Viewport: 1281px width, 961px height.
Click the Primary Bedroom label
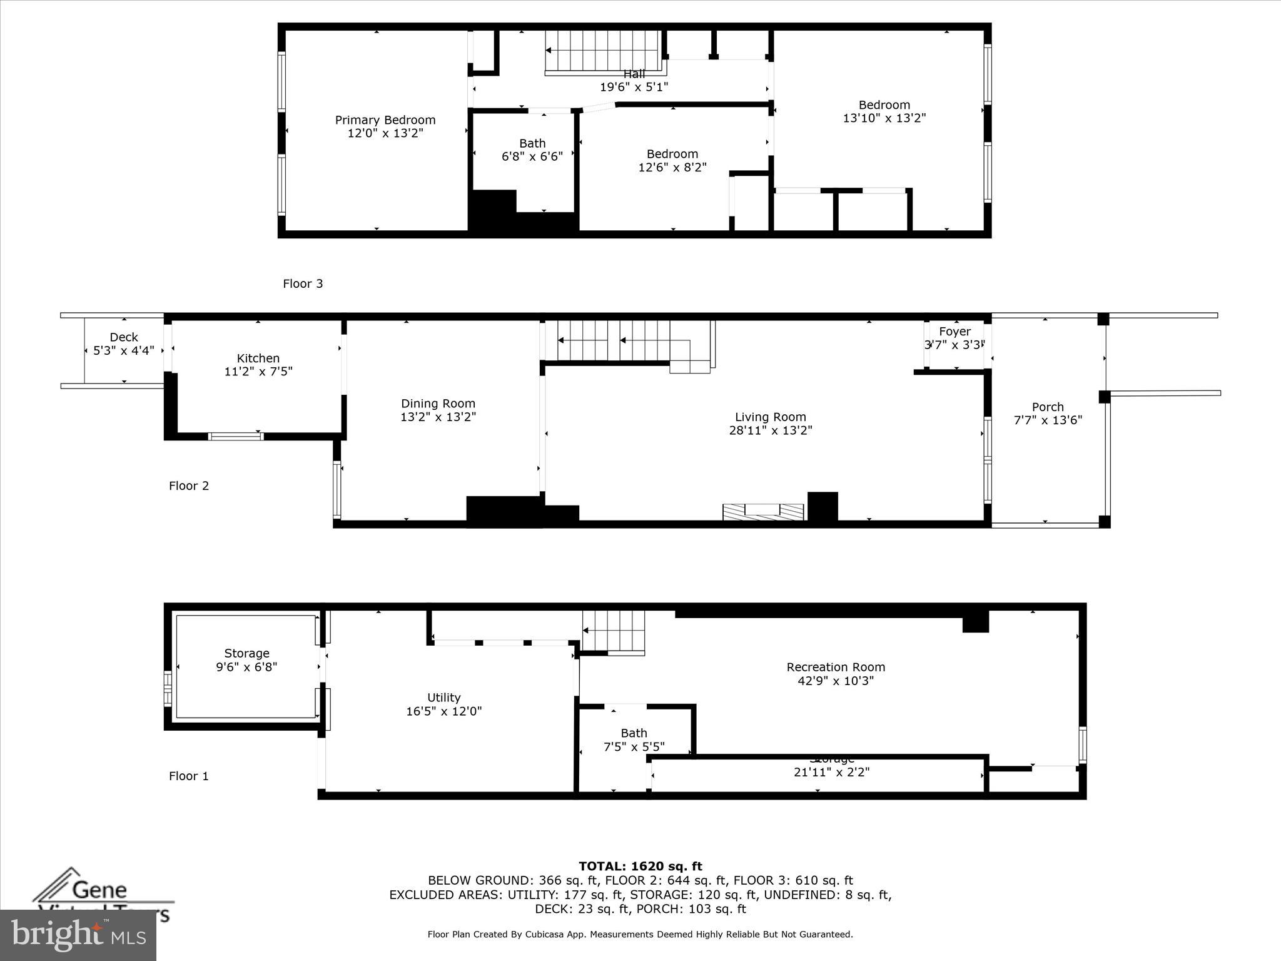pyautogui.click(x=385, y=120)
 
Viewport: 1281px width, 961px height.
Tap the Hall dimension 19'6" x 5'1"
pyautogui.click(x=634, y=88)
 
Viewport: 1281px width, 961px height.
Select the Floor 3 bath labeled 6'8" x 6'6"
pyautogui.click(x=532, y=150)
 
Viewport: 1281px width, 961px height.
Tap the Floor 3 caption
pyautogui.click(x=303, y=284)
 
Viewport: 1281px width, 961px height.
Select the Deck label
pyautogui.click(x=124, y=338)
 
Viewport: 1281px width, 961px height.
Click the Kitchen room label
pyautogui.click(x=258, y=358)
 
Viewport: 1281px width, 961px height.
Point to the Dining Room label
pyautogui.click(x=438, y=404)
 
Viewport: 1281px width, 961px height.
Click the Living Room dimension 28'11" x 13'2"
pyautogui.click(x=770, y=430)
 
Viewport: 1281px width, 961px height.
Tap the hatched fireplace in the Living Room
pyautogui.click(x=762, y=512)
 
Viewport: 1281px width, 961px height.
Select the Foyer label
pyautogui.click(x=954, y=332)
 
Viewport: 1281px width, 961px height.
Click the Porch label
pyautogui.click(x=1048, y=407)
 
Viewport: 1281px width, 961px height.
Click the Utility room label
pyautogui.click(x=443, y=698)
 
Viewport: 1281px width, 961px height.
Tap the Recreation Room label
pyautogui.click(x=836, y=668)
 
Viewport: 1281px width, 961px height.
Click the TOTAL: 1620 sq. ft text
pyautogui.click(x=640, y=867)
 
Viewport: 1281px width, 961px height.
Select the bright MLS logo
pyautogui.click(x=78, y=935)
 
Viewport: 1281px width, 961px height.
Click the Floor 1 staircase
pyautogui.click(x=614, y=632)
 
